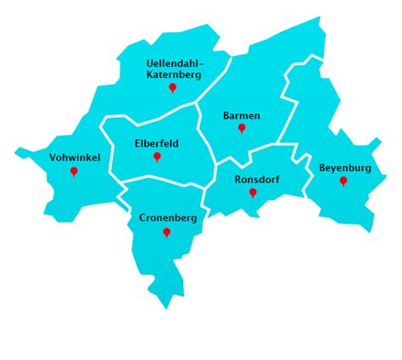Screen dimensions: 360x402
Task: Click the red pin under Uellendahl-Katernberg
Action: pyautogui.click(x=172, y=87)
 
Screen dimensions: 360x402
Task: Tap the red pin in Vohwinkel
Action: pyautogui.click(x=74, y=171)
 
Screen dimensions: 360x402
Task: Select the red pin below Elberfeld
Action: pyautogui.click(x=157, y=157)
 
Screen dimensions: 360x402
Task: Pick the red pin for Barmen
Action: pyautogui.click(x=242, y=128)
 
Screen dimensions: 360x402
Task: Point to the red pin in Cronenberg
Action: pyautogui.click(x=166, y=231)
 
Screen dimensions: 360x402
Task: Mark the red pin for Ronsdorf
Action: pyautogui.click(x=253, y=192)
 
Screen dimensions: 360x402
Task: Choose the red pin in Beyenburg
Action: pyautogui.click(x=343, y=180)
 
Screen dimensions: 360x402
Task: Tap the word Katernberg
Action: pyautogui.click(x=172, y=75)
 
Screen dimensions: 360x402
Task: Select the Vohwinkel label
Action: pyautogui.click(x=75, y=158)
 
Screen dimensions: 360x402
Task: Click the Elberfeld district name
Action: pyautogui.click(x=157, y=144)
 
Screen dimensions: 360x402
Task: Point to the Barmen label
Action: pyautogui.click(x=242, y=115)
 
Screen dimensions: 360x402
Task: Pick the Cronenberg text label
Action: pyautogui.click(x=168, y=218)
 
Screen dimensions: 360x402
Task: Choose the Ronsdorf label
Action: pyautogui.click(x=256, y=180)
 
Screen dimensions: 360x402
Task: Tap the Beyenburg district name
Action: pyautogui.click(x=345, y=168)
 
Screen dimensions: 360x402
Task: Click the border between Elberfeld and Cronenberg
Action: pyautogui.click(x=161, y=178)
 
